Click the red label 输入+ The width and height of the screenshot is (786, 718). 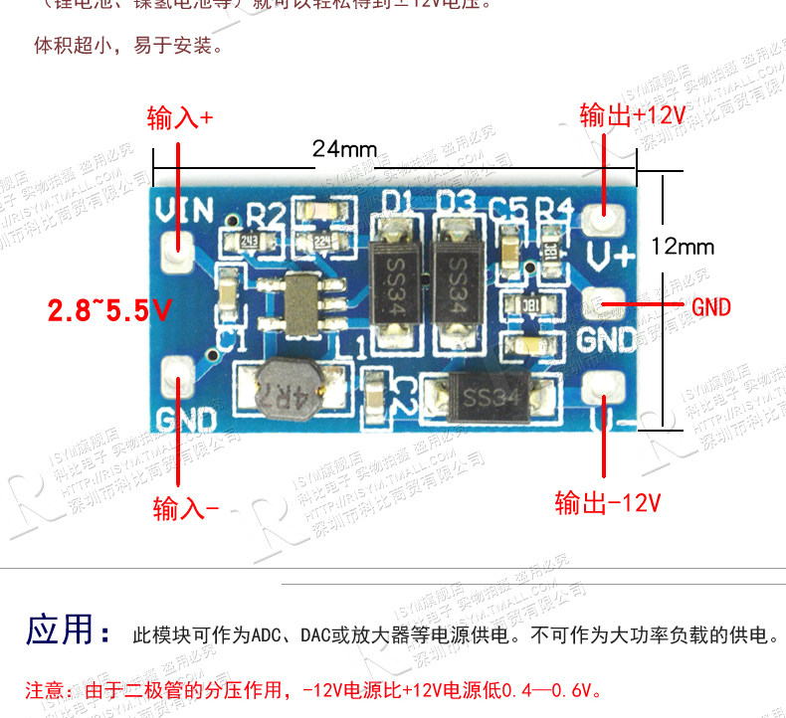pyautogui.click(x=180, y=118)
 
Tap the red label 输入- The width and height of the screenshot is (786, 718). pyautogui.click(x=185, y=509)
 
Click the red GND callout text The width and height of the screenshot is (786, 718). pyautogui.click(x=711, y=306)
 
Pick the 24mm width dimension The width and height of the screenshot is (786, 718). pyautogui.click(x=344, y=149)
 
